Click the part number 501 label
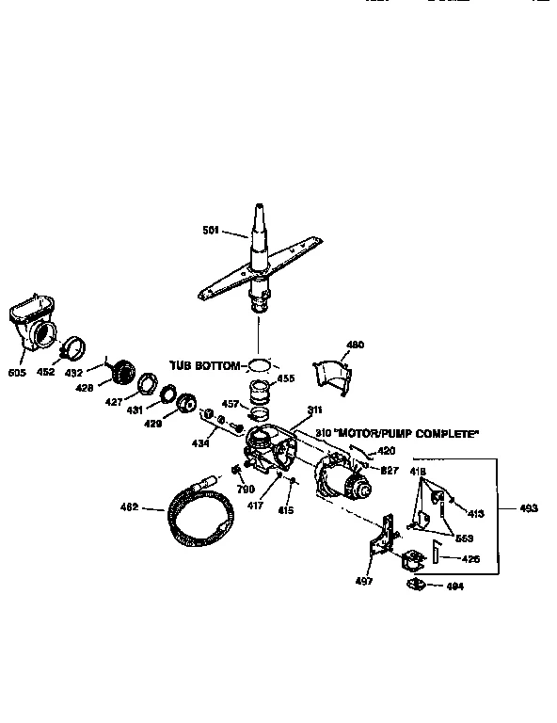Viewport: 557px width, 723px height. (212, 229)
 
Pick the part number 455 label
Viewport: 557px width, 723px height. (286, 378)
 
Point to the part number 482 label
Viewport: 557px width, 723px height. (128, 507)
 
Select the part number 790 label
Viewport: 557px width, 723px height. (246, 489)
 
